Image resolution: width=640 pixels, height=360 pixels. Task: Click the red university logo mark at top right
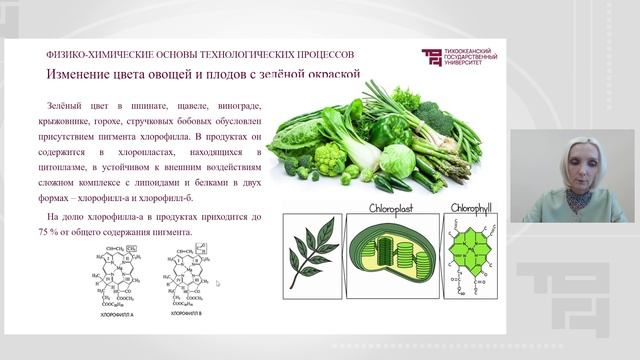(431, 57)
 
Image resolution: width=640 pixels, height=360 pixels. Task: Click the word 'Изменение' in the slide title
(82, 75)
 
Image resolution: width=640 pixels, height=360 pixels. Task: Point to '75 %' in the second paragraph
(60, 233)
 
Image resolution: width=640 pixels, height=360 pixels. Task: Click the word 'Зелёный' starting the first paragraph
(66, 107)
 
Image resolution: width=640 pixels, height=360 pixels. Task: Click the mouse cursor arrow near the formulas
(217, 283)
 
